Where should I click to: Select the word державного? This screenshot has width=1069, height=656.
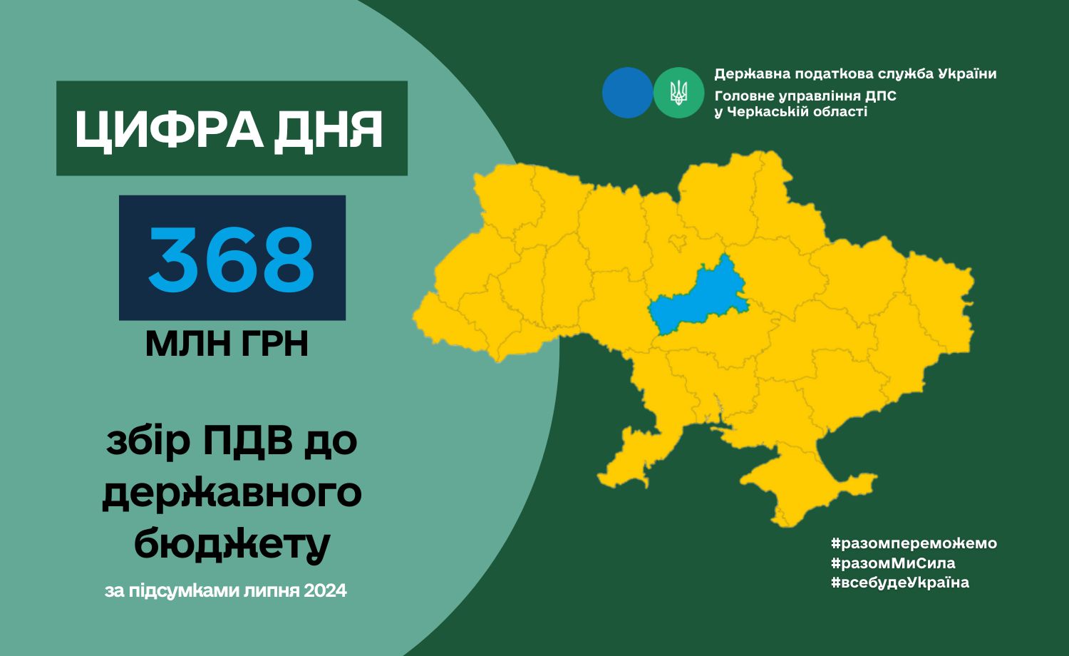pyautogui.click(x=232, y=494)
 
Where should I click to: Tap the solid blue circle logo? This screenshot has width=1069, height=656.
pyautogui.click(x=627, y=93)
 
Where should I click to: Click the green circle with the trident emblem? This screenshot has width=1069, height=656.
pyautogui.click(x=678, y=93)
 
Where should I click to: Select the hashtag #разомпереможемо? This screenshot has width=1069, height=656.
pyautogui.click(x=914, y=543)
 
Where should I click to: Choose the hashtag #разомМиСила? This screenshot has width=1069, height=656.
pyautogui.click(x=893, y=563)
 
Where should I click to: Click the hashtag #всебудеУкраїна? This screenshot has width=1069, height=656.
pyautogui.click(x=900, y=583)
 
